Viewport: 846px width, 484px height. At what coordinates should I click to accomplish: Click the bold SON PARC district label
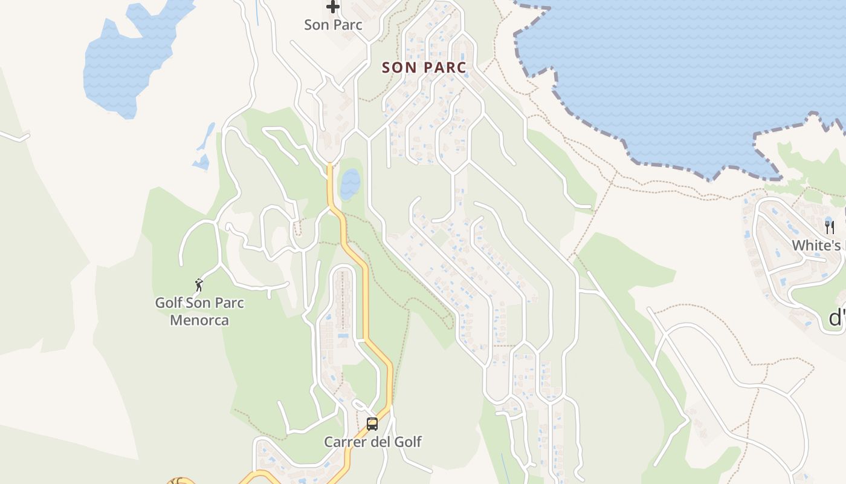tap(424, 67)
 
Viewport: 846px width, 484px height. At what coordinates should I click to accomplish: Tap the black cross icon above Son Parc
tap(332, 7)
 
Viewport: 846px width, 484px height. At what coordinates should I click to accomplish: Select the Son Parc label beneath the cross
tap(333, 25)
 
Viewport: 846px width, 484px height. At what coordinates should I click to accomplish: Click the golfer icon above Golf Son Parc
tap(199, 284)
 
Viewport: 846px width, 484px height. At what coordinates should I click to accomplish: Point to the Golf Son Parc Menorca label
tap(199, 311)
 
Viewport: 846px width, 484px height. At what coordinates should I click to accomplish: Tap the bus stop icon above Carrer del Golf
tap(372, 424)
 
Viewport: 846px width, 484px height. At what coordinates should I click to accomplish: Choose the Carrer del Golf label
tap(372, 442)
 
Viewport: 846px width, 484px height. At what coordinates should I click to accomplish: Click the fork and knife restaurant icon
tap(830, 227)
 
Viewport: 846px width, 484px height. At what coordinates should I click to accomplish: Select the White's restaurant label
tap(816, 246)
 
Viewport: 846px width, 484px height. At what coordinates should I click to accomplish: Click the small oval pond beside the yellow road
tap(350, 184)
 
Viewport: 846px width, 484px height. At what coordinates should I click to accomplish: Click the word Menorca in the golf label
tap(199, 320)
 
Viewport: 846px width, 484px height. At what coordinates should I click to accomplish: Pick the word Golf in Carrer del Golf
tap(405, 442)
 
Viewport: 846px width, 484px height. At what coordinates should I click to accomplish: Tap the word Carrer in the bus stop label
tap(345, 442)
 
